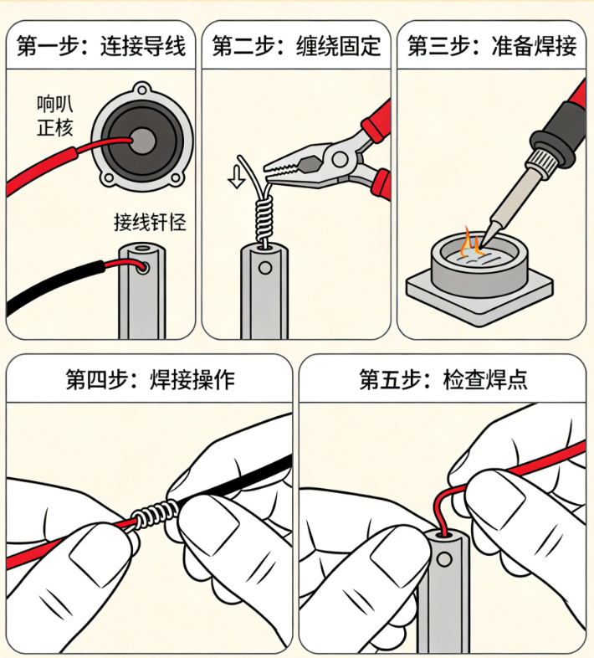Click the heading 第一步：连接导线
pyautogui.click(x=101, y=44)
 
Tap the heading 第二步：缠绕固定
pyautogui.click(x=296, y=44)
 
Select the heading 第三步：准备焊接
pyautogui.click(x=492, y=44)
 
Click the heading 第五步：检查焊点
pyautogui.click(x=443, y=380)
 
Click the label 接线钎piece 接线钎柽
pyautogui.click(x=150, y=222)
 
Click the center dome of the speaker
pyautogui.click(x=142, y=139)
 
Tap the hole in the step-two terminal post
pyautogui.click(x=266, y=269)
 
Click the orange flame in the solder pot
pyautogui.click(x=472, y=244)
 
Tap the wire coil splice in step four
pyautogui.click(x=155, y=511)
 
